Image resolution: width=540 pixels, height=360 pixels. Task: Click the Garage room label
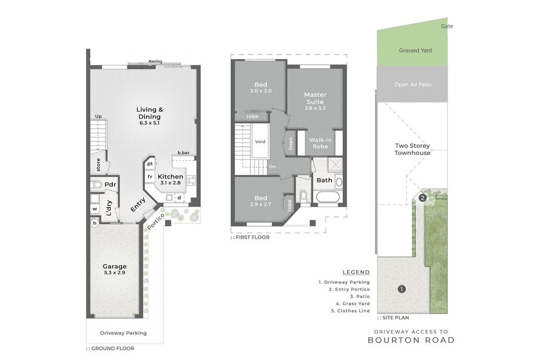114,267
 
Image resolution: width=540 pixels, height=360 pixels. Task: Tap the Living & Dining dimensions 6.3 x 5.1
149,124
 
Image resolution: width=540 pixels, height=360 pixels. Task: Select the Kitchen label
170,176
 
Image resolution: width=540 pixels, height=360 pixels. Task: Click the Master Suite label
315,98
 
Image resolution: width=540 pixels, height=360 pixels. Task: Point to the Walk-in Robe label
320,143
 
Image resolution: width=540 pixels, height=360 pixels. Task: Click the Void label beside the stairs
260,141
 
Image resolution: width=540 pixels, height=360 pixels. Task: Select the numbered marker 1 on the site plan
401,289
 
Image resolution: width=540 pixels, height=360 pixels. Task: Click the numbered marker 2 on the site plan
422,198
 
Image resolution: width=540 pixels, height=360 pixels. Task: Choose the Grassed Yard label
415,51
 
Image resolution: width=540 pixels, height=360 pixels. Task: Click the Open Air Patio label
413,85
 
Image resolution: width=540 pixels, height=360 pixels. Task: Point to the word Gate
447,26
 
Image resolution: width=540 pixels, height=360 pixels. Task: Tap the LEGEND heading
356,273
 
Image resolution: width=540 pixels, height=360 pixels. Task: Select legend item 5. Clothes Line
344,310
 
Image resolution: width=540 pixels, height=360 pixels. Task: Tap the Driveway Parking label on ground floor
123,333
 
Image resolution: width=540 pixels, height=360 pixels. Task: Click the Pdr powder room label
111,185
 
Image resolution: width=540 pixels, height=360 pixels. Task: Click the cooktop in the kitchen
191,180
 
